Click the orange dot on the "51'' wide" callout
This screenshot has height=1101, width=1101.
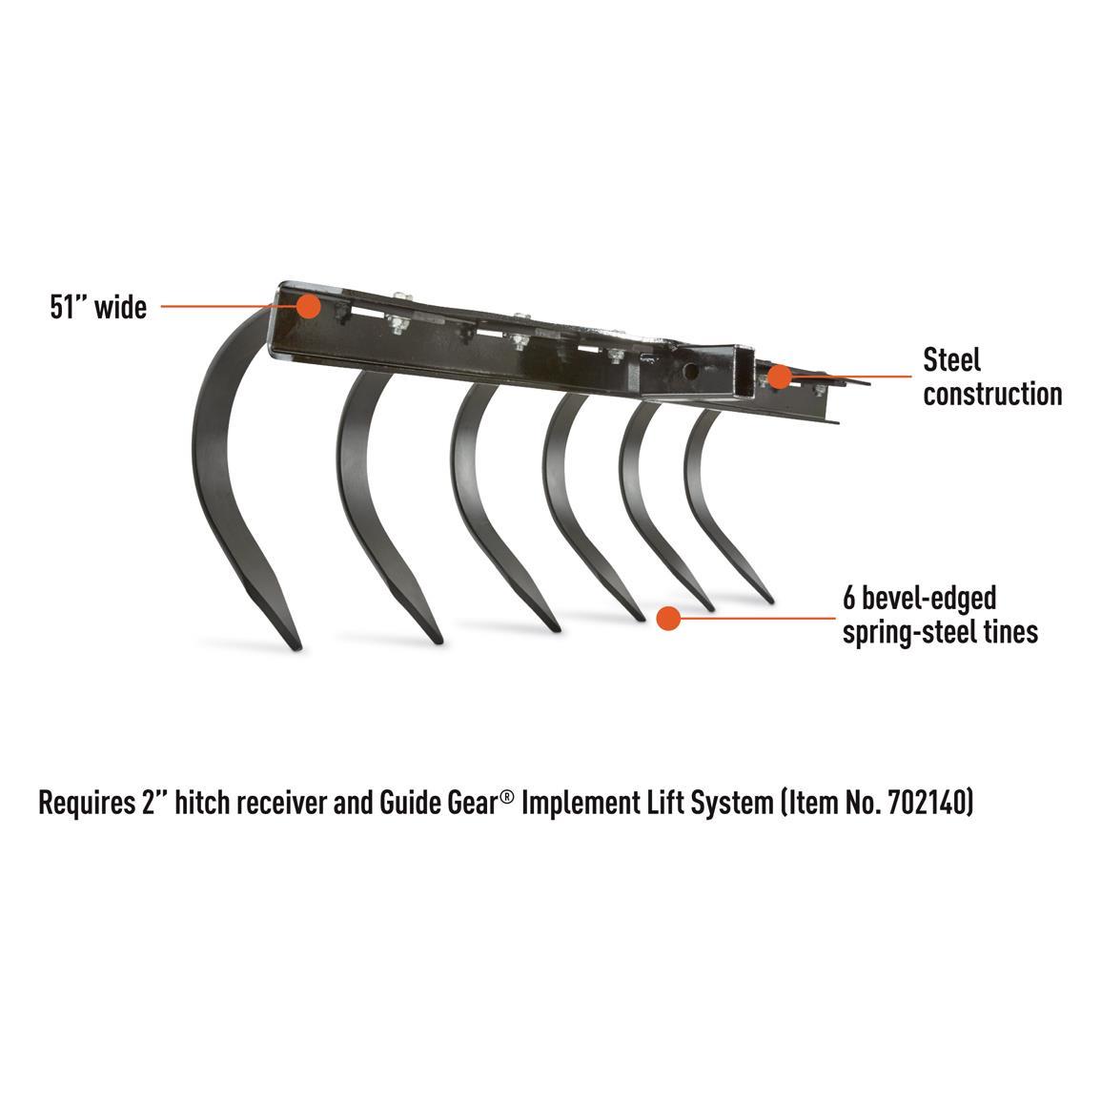tap(308, 306)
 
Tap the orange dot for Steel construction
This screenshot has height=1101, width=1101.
tap(779, 377)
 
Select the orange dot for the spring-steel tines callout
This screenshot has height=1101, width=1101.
tap(668, 619)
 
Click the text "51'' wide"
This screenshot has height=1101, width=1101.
tap(98, 308)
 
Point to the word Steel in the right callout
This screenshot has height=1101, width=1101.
tap(951, 360)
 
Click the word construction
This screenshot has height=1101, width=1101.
tap(992, 394)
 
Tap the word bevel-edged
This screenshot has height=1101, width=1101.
tap(929, 599)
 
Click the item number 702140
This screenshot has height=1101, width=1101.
tap(927, 802)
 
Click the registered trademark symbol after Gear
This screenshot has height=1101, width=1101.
tap(508, 796)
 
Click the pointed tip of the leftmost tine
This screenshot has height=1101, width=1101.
tap(297, 647)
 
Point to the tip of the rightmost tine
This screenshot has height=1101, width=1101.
tap(771, 601)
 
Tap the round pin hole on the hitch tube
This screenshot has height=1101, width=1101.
tap(690, 372)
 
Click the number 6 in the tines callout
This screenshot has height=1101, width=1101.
tap(849, 599)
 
